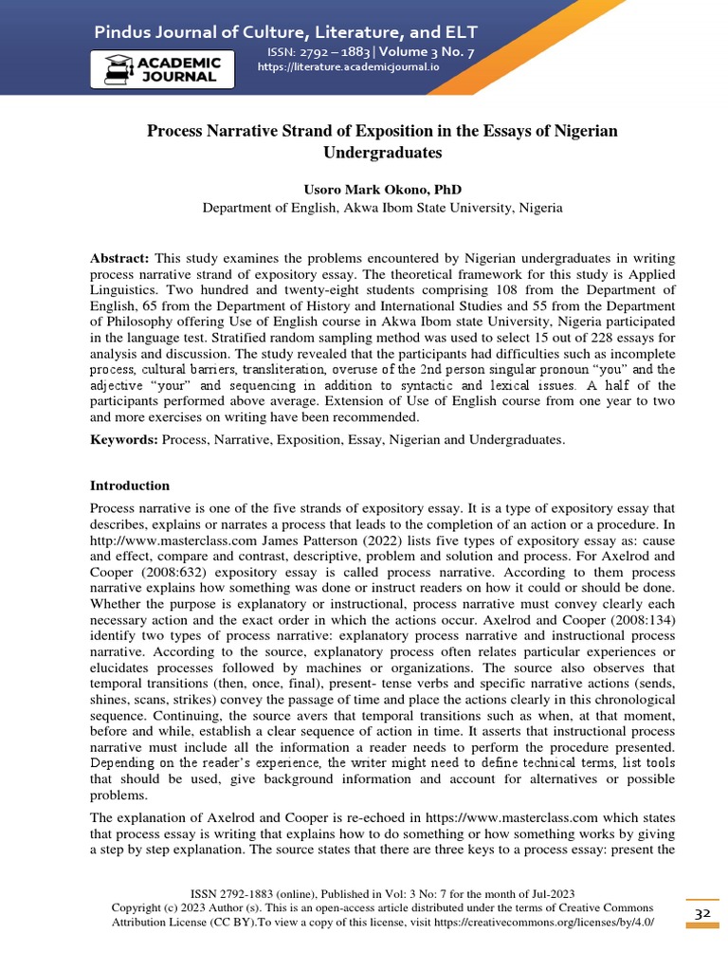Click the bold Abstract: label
click(119, 258)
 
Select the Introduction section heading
click(129, 485)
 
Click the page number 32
click(702, 913)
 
